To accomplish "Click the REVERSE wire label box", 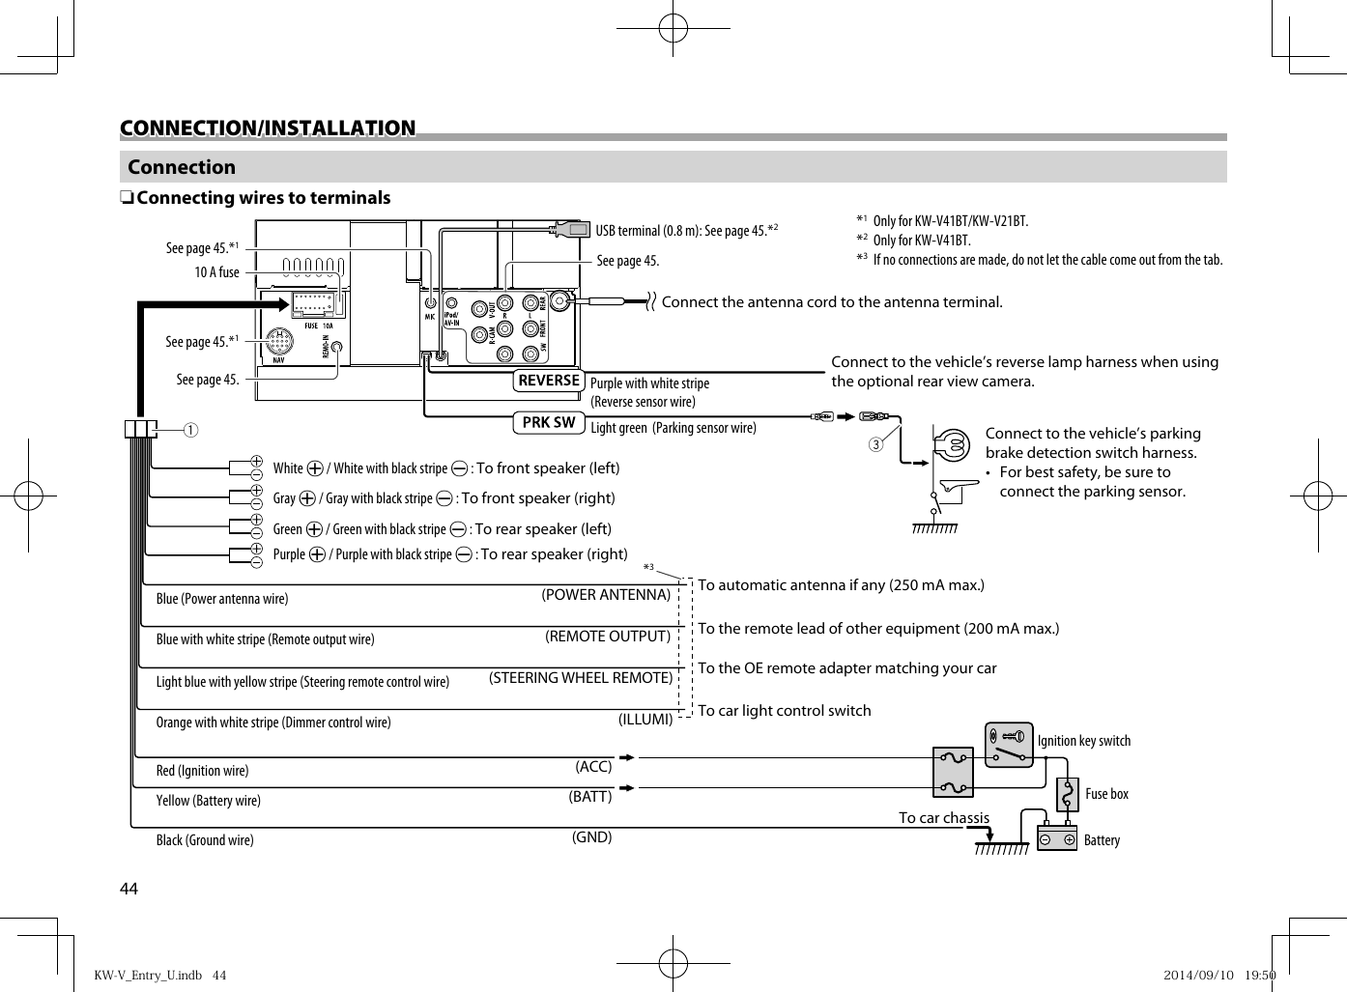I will click(549, 381).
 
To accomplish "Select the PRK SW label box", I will click(549, 422).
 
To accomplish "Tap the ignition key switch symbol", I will click(1009, 745).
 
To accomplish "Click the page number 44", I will click(129, 889).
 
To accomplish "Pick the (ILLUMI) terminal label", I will click(645, 719).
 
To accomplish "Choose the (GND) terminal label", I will click(591, 837).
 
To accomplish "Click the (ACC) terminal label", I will click(593, 766).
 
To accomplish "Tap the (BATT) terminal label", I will click(589, 797).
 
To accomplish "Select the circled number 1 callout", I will click(191, 429).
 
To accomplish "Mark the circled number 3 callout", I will click(875, 444).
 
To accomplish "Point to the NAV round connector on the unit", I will click(278, 343).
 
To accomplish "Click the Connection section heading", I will click(182, 167).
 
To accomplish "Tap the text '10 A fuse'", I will click(216, 272).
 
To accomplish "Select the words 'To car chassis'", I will click(944, 818).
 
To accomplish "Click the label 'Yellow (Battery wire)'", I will click(209, 801).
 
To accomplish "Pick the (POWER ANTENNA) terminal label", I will click(606, 595).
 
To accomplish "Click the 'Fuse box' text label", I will click(1106, 794).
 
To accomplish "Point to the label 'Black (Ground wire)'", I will click(205, 840).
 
